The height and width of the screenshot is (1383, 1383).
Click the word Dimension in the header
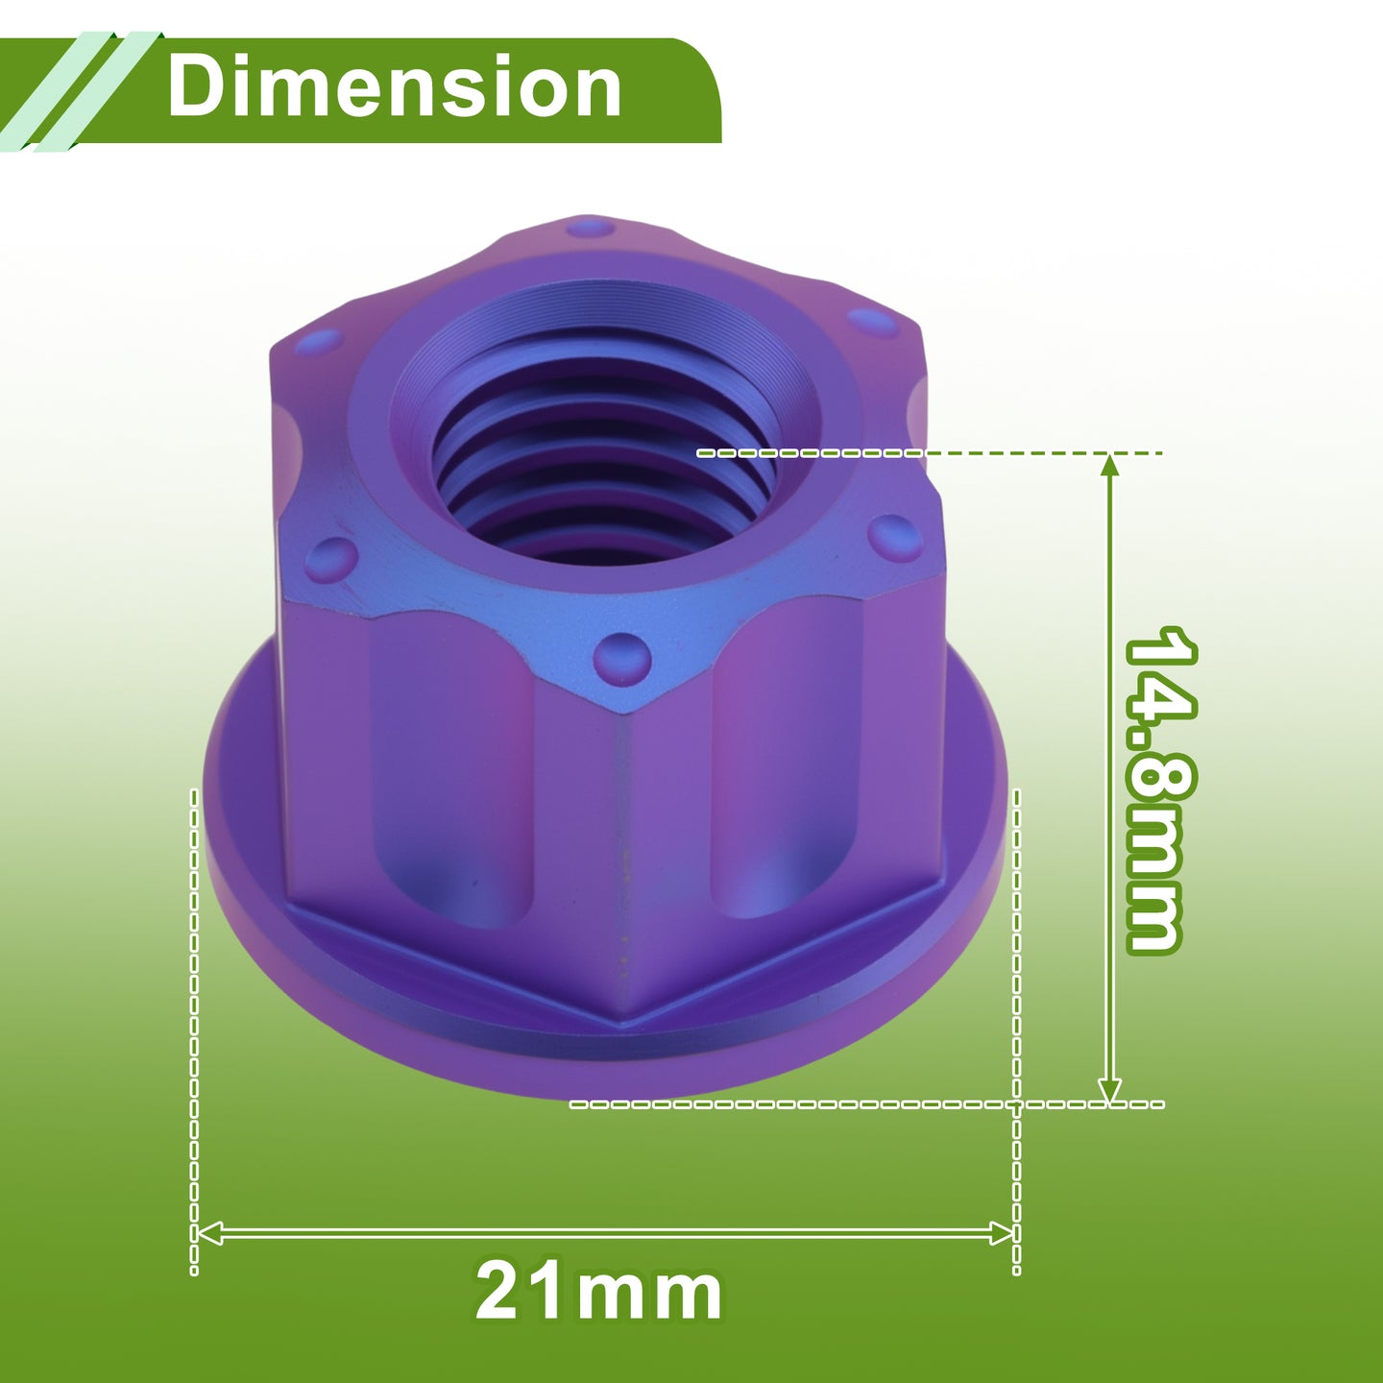coord(394,86)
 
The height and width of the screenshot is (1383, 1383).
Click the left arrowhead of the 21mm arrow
coord(209,1233)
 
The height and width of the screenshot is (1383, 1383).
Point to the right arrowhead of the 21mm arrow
coord(1001,1233)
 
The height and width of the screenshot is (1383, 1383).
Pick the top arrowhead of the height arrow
coord(1109,467)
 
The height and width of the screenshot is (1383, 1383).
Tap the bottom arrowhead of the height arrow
coord(1109,1089)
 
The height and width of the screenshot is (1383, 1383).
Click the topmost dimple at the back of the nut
coord(590,229)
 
